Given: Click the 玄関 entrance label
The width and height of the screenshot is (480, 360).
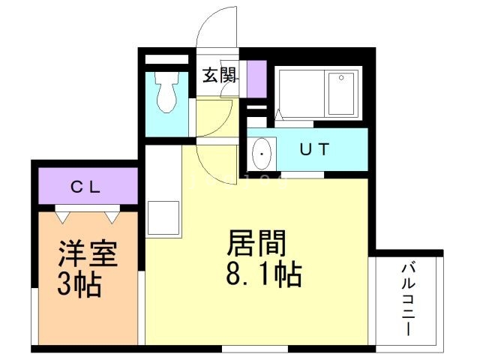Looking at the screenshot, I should (x=220, y=75).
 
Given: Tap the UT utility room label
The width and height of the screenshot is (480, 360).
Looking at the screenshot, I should (x=315, y=148).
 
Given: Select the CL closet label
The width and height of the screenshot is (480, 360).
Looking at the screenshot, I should (x=86, y=187).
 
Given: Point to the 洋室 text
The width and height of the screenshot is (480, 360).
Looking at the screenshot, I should (x=88, y=253).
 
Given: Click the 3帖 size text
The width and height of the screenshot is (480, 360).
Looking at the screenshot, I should (x=80, y=285).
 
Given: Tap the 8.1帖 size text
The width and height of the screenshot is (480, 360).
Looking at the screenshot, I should (x=263, y=275).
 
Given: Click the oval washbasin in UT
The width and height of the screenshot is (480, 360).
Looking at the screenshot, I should (x=262, y=153).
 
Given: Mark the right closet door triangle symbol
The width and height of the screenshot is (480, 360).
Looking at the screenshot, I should (x=111, y=215).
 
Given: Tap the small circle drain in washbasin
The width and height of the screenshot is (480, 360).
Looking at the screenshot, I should (x=262, y=155).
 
